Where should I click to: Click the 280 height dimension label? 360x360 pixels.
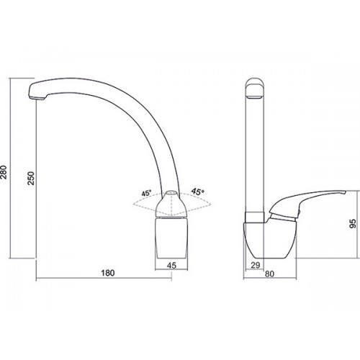(x=4, y=172)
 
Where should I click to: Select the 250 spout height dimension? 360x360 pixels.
(x=31, y=178)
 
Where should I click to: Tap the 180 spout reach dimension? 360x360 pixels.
(x=108, y=273)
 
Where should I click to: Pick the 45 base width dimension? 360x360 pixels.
(x=171, y=265)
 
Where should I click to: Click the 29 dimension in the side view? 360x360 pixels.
(x=255, y=265)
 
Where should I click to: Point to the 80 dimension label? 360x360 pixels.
(x=269, y=274)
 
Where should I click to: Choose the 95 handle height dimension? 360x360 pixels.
(x=353, y=223)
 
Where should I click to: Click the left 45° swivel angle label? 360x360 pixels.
(x=146, y=193)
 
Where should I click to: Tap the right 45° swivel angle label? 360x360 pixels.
(x=198, y=191)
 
